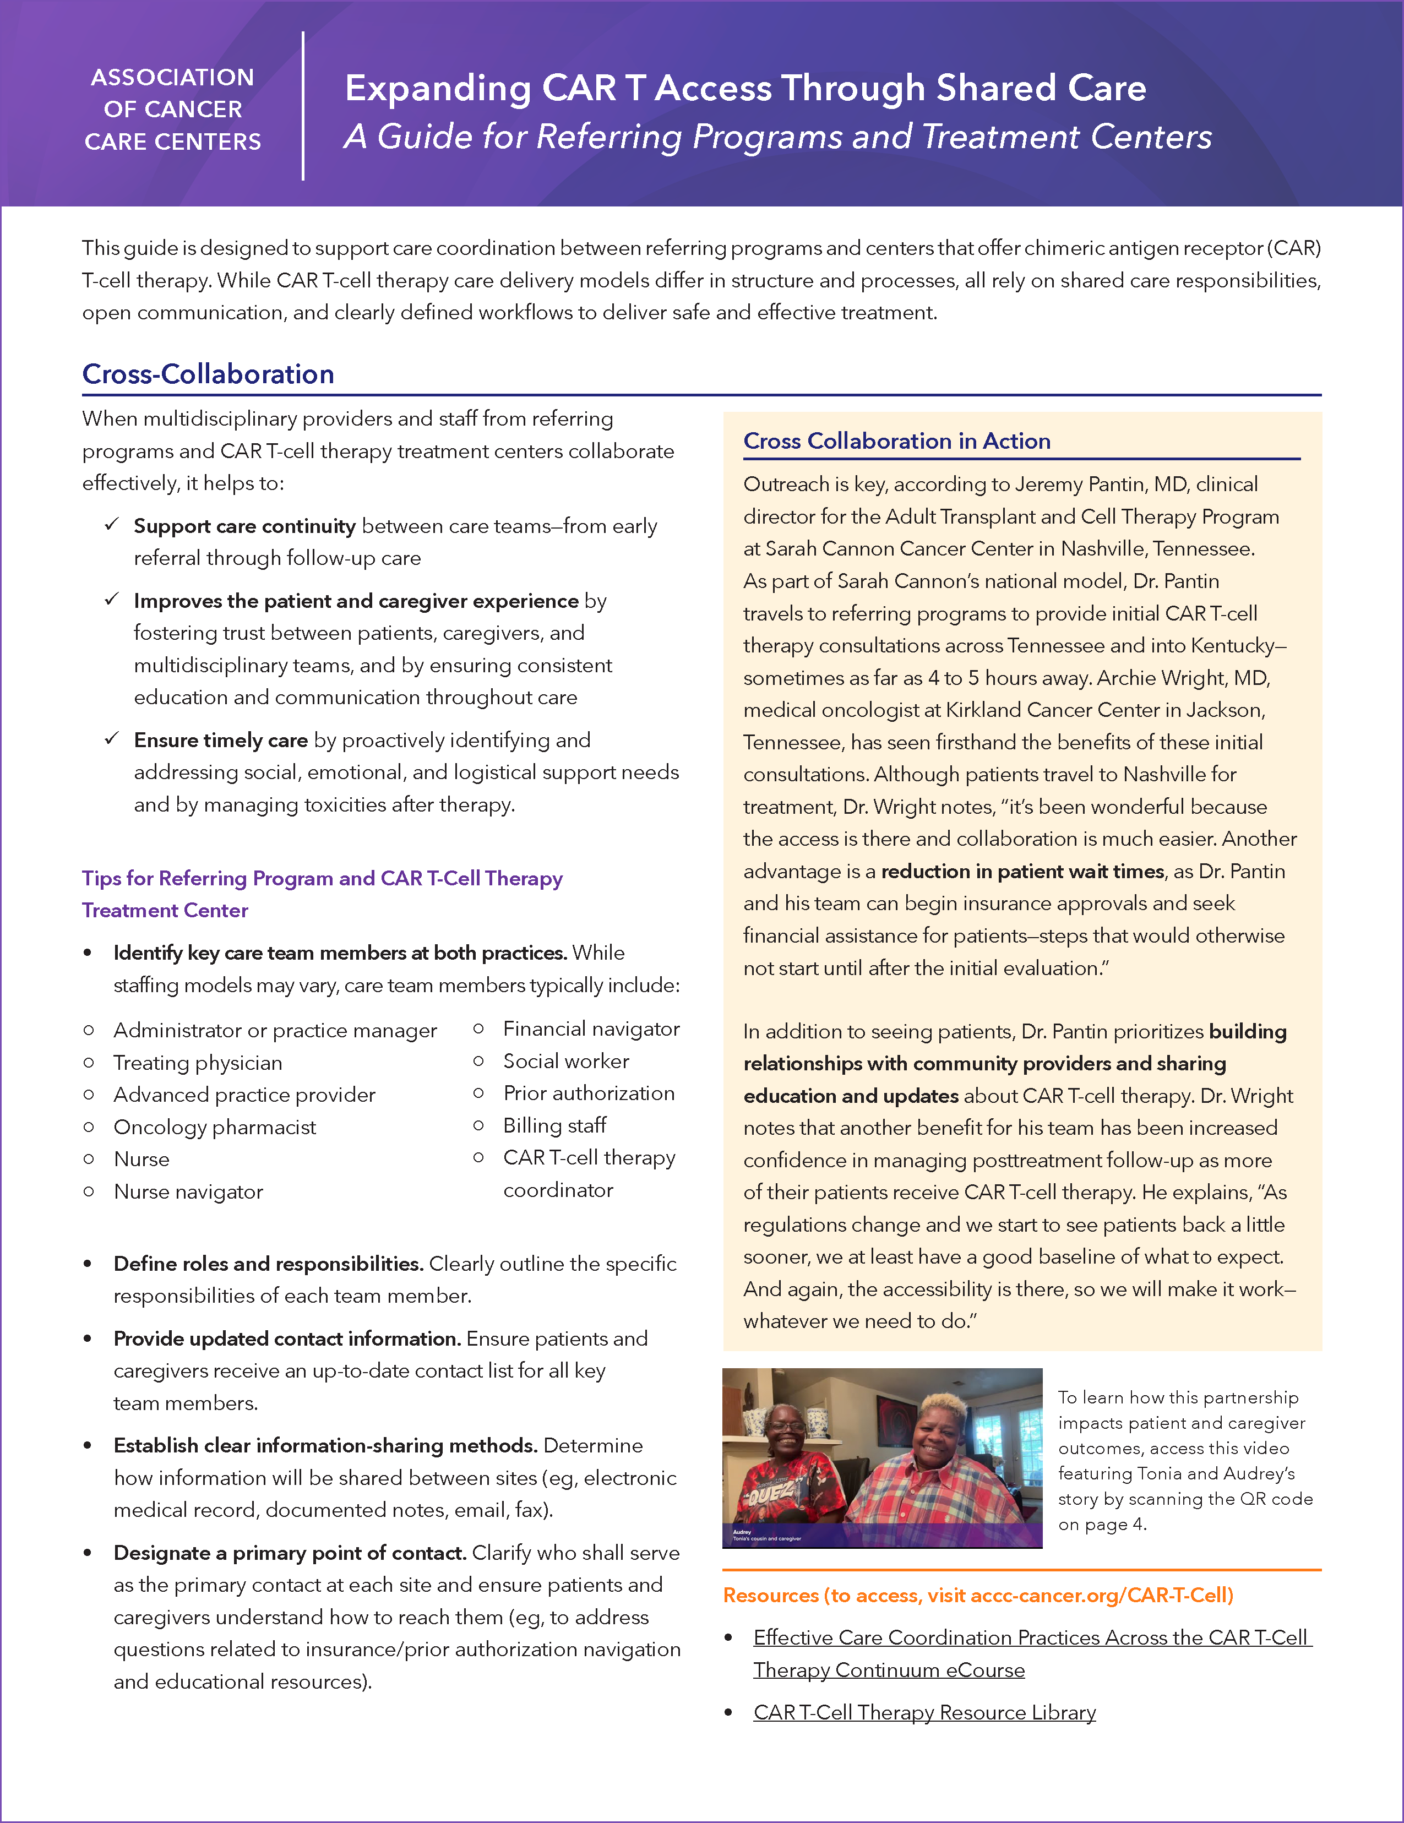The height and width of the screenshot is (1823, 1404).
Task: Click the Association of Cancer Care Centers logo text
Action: click(x=173, y=110)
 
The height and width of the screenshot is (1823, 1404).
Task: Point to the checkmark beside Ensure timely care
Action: click(x=112, y=739)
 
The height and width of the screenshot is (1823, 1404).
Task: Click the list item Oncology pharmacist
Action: click(x=215, y=1127)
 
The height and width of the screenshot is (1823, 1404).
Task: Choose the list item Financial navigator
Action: click(x=591, y=1029)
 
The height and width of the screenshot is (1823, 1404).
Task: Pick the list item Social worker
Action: click(x=566, y=1061)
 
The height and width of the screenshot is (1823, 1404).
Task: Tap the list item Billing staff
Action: click(x=554, y=1125)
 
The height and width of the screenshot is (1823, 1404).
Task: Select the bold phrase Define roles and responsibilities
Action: click(x=268, y=1264)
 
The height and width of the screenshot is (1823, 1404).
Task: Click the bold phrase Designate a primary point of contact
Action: click(x=290, y=1553)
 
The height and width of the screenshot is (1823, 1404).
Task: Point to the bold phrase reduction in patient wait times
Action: click(x=1022, y=872)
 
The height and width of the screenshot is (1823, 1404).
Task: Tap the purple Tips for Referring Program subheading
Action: click(x=322, y=878)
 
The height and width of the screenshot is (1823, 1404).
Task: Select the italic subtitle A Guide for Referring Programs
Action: click(x=777, y=137)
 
